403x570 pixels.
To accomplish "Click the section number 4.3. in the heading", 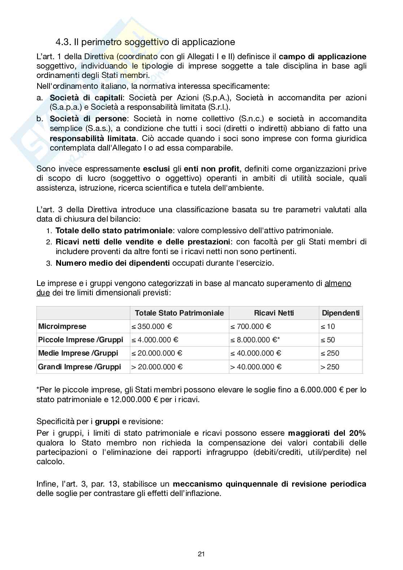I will pyautogui.click(x=63, y=42).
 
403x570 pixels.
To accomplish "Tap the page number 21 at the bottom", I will pyautogui.click(x=201, y=554).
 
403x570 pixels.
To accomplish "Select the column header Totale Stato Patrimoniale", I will pyautogui.click(x=179, y=313).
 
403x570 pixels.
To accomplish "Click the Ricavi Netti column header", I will pyautogui.click(x=274, y=313).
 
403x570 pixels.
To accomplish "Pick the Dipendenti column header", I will pyautogui.click(x=341, y=313).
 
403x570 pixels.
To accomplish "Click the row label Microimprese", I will pyautogui.click(x=62, y=326).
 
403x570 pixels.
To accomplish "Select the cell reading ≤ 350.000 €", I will pyautogui.click(x=152, y=326).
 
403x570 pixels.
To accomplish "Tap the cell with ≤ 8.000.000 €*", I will pyautogui.click(x=255, y=340).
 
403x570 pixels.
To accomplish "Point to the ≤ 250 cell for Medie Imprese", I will pyautogui.click(x=330, y=353).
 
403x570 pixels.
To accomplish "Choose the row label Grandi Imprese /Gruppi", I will pyautogui.click(x=79, y=367).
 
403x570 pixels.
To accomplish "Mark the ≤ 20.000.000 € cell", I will pyautogui.click(x=157, y=353).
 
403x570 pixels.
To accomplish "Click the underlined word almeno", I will pyautogui.click(x=338, y=284).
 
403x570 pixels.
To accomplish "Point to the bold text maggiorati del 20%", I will pyautogui.click(x=327, y=433).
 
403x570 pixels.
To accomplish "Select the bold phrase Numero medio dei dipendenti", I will pyautogui.click(x=113, y=263).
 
